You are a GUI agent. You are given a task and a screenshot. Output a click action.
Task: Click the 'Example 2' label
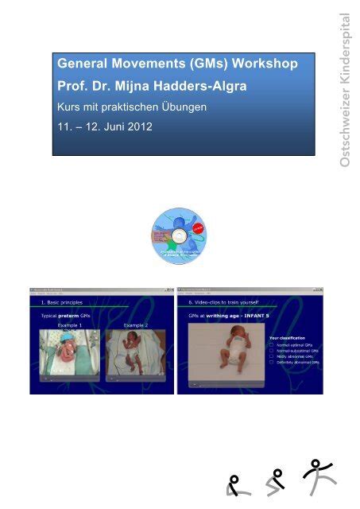(140, 326)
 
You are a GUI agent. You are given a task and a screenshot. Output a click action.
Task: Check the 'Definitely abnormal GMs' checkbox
(272, 362)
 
